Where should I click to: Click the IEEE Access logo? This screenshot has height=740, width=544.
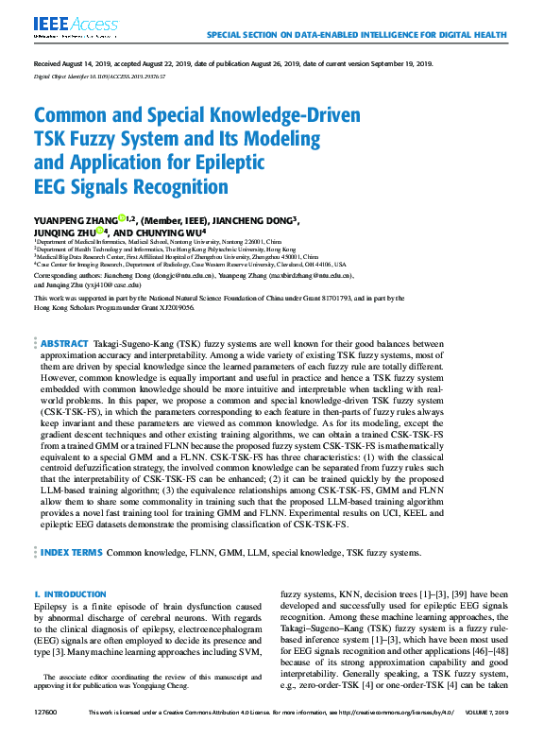(x=64, y=26)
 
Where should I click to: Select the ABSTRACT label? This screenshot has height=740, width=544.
(x=64, y=343)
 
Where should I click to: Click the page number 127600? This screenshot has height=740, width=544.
(x=46, y=733)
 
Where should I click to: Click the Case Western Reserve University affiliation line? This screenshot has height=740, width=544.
(x=190, y=265)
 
